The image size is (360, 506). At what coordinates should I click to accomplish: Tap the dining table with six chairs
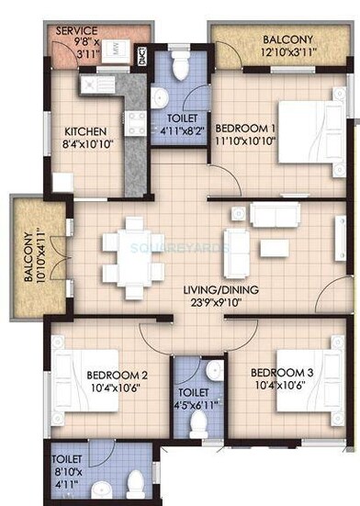click(134, 249)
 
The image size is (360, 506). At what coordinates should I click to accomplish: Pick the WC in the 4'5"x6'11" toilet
click(197, 423)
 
